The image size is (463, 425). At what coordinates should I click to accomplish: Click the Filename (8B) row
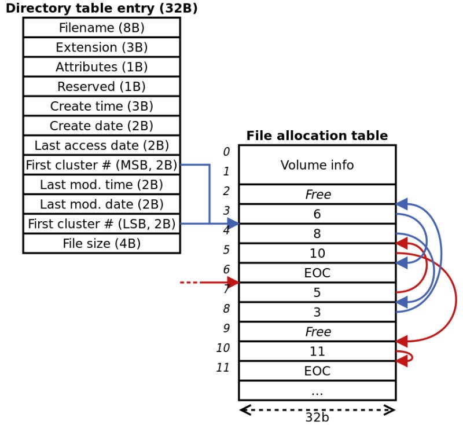click(x=101, y=28)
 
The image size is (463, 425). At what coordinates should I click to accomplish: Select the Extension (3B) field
click(x=101, y=47)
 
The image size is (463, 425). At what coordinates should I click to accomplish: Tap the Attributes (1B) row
click(x=101, y=67)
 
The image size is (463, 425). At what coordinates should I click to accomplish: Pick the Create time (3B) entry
click(x=101, y=107)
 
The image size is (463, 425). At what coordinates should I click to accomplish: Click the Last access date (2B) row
click(x=101, y=145)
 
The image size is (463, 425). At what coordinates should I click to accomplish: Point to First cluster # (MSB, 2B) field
click(x=101, y=165)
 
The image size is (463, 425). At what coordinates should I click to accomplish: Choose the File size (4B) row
click(x=101, y=244)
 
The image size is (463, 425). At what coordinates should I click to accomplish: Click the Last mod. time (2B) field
click(x=101, y=185)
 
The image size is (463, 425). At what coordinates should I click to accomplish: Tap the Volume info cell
click(x=317, y=165)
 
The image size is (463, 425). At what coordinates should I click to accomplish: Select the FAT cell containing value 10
click(x=317, y=254)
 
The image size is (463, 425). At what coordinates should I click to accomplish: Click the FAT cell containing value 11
click(x=317, y=351)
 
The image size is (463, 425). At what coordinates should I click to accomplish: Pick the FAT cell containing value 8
click(x=317, y=234)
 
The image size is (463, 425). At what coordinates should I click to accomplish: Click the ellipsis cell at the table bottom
click(x=317, y=391)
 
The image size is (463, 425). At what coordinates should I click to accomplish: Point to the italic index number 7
click(x=226, y=289)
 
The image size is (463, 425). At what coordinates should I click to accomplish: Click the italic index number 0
click(x=226, y=152)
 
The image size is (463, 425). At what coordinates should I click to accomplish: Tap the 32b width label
click(x=317, y=416)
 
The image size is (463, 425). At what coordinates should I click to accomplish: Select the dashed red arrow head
click(x=233, y=283)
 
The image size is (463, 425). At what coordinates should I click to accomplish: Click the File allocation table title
click(x=317, y=136)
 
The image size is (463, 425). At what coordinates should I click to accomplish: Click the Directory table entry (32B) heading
click(x=101, y=9)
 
